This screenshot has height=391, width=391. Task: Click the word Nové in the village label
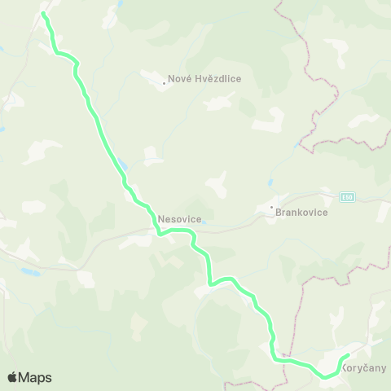click(178, 79)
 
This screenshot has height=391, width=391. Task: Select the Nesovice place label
click(178, 218)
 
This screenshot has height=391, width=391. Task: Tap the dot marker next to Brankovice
click(272, 207)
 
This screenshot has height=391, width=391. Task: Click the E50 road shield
click(349, 197)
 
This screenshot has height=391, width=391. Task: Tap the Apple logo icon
click(12, 377)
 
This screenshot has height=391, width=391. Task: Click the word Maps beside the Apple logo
click(35, 377)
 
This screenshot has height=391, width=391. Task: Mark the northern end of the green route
click(43, 14)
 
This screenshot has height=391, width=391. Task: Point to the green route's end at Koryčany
click(348, 356)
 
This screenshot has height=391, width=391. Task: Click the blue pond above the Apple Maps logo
click(29, 271)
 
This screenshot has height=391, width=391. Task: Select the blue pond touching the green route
click(121, 161)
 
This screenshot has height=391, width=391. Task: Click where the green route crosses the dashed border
click(285, 359)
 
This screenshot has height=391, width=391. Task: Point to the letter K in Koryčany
click(346, 367)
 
